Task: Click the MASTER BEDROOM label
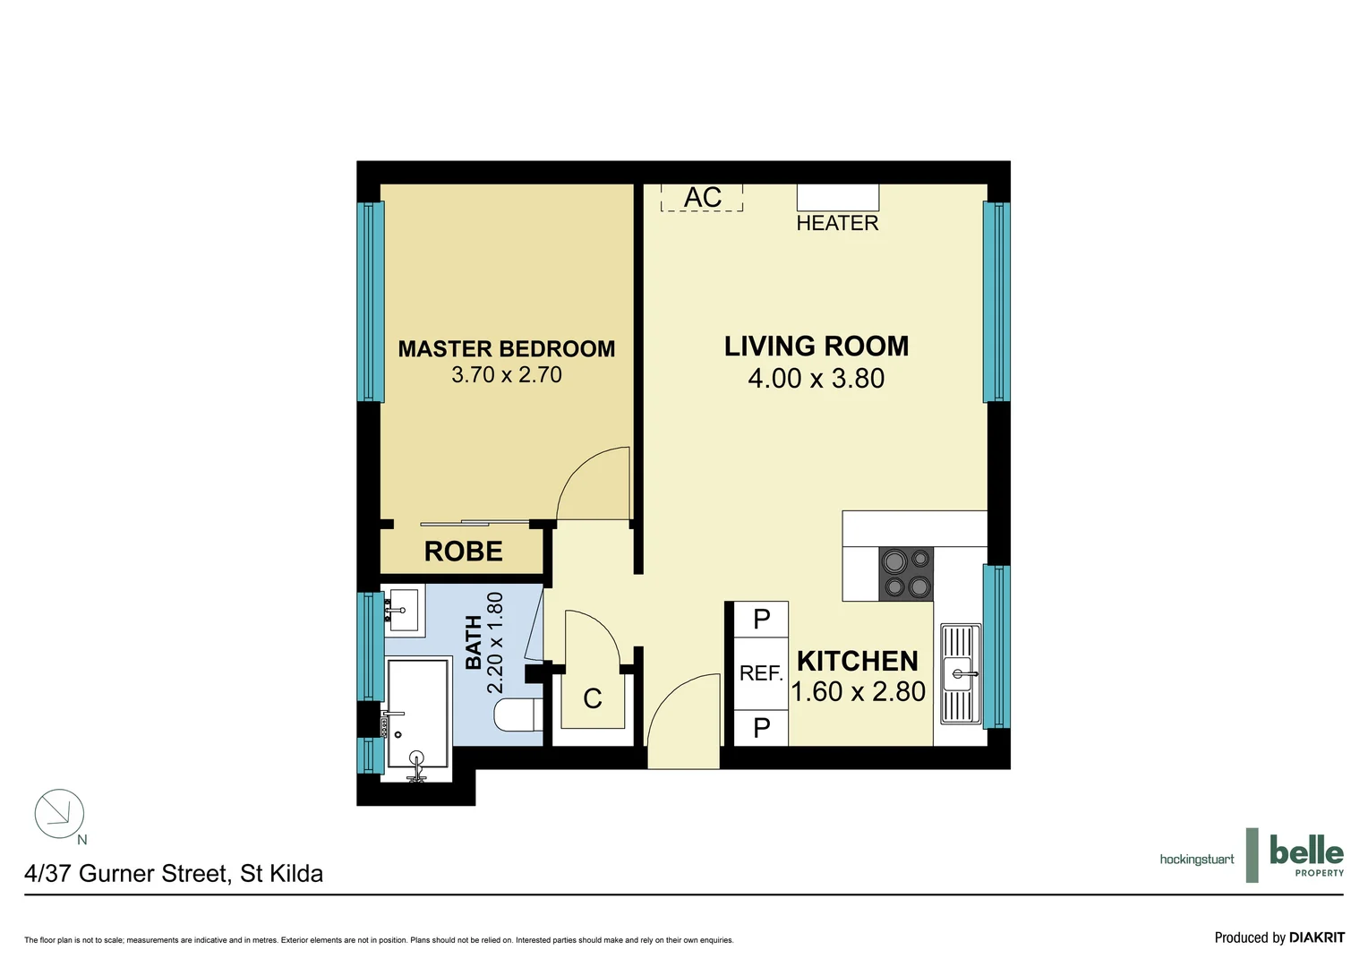[x=506, y=348]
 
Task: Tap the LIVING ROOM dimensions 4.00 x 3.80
[x=816, y=379]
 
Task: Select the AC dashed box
[x=702, y=197]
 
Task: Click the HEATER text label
[x=837, y=223]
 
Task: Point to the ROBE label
[x=463, y=552]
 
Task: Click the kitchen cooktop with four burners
[x=906, y=574]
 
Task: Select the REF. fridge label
[x=761, y=673]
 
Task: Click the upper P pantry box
[x=761, y=619]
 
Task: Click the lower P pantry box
[x=761, y=728]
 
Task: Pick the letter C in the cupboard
[x=592, y=699]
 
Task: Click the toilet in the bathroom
[x=516, y=715]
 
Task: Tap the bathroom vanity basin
[x=403, y=610]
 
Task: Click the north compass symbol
[x=59, y=813]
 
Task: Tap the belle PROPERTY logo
[x=1305, y=855]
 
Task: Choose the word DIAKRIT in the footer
[x=1316, y=937]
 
